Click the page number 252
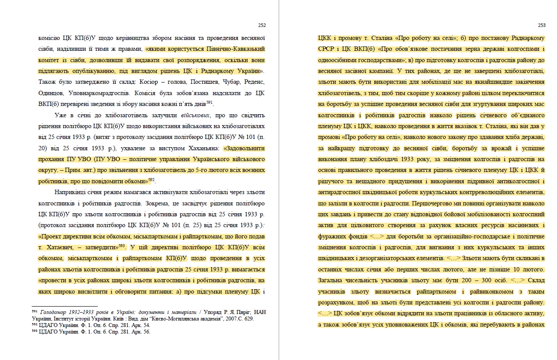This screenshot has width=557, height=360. point(262,25)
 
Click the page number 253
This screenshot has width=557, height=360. point(541,25)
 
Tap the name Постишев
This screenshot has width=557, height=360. point(203,82)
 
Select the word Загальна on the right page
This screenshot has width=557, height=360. point(332,281)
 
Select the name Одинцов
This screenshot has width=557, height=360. point(52,93)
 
